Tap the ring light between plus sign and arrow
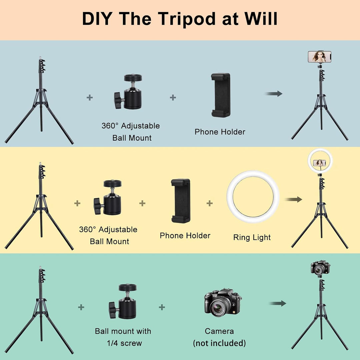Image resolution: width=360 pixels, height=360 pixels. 253,197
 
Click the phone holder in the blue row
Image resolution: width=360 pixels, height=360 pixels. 221,95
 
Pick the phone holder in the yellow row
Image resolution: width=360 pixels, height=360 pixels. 181,201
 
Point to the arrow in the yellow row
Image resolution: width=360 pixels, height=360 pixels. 293,199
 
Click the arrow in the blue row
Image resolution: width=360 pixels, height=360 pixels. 274,94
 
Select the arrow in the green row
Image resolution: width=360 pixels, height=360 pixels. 278,303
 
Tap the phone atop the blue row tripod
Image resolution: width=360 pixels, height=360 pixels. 319,56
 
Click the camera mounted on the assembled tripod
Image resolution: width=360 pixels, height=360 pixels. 320,267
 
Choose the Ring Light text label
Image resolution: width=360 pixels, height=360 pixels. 252,238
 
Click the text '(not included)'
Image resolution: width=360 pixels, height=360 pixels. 219,343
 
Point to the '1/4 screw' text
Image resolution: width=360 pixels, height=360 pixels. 124,343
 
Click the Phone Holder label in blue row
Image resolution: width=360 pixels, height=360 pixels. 220,132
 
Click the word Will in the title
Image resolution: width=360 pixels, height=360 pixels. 260,19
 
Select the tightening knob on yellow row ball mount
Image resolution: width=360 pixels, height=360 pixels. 97,202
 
